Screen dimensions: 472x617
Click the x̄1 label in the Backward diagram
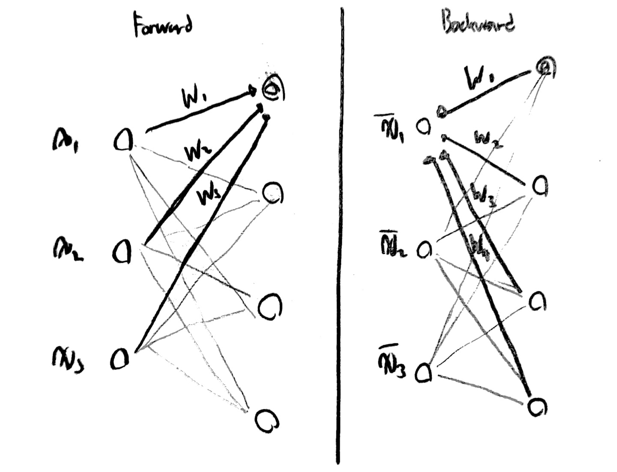pos(391,129)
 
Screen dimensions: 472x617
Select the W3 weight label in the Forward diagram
pos(209,197)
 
